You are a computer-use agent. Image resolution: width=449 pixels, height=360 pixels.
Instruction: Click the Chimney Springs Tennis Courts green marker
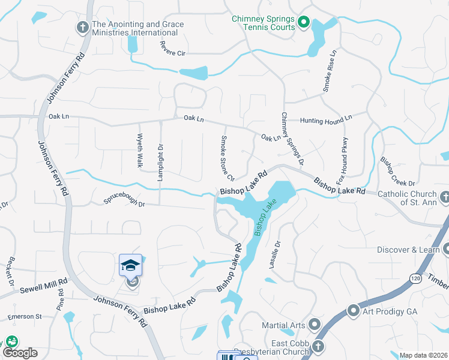click(x=303, y=23)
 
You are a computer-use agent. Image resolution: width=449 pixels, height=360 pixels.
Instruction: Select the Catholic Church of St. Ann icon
click(x=445, y=196)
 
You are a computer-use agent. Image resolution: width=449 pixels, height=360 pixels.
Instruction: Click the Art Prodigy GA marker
click(x=353, y=310)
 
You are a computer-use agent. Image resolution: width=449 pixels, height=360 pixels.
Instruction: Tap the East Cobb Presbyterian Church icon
click(x=318, y=346)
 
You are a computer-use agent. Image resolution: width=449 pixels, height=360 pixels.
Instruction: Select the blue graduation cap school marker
click(x=130, y=265)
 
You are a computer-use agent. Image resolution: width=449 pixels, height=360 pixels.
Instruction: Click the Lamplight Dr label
click(x=160, y=155)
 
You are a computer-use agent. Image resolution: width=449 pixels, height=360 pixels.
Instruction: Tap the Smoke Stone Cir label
click(x=226, y=158)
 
